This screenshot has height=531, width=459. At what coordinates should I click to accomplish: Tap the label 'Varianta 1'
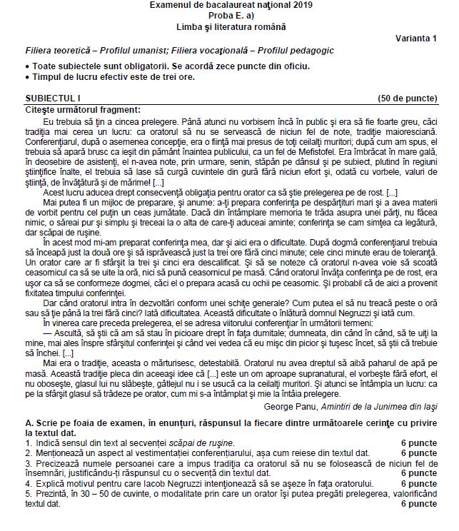point(416,38)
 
